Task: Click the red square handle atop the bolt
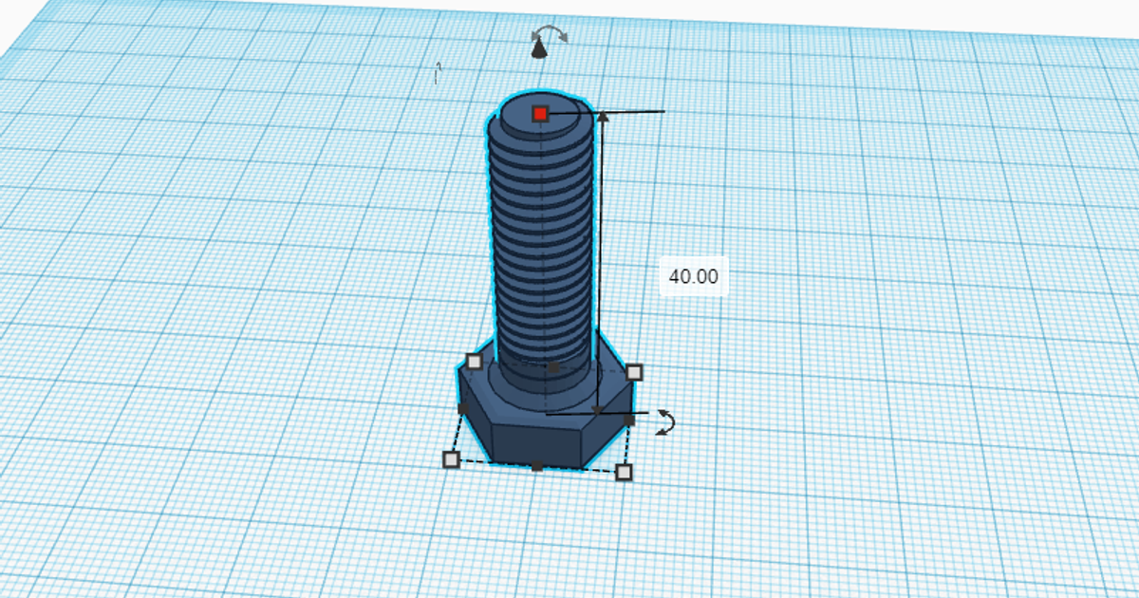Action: pos(540,114)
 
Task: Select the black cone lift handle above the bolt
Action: pos(539,49)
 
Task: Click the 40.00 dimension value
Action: pos(693,276)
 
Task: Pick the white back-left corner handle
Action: pos(474,362)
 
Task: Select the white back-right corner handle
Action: pos(634,372)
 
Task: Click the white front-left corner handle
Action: pos(452,459)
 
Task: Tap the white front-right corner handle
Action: pos(624,472)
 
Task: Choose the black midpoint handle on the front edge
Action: pos(537,466)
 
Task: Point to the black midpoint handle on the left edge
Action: pos(462,408)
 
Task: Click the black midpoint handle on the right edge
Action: pos(628,420)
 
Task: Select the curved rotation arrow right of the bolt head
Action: pos(666,422)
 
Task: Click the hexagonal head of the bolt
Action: pos(532,437)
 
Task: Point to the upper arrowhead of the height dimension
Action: pos(602,118)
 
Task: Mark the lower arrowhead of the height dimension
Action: pos(598,408)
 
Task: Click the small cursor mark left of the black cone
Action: pos(438,72)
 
